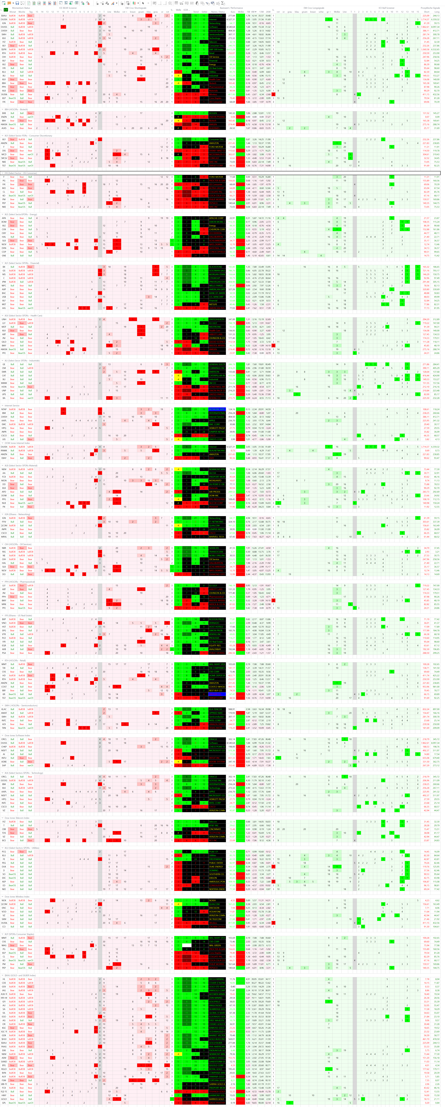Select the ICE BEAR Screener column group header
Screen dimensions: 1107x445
tap(68, 8)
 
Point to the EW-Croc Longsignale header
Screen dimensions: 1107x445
tap(314, 8)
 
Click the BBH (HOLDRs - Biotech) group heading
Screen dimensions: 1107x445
tap(16, 109)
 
